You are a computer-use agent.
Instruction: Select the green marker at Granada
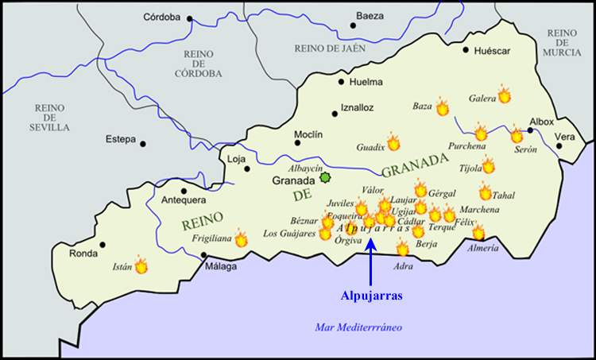coord(324,178)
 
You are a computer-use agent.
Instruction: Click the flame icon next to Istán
coord(141,265)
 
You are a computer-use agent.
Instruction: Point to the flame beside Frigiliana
coord(241,237)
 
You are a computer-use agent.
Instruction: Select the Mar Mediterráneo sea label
coord(358,327)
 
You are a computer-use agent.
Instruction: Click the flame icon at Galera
coord(504,95)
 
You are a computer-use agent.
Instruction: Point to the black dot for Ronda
coord(103,245)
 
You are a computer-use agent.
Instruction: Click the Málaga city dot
coord(204,255)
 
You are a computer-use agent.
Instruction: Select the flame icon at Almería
coord(478,231)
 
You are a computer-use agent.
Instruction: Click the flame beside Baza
coord(443,107)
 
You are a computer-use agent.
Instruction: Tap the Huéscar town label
coord(491,51)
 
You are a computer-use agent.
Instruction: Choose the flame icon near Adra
coord(403,249)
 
